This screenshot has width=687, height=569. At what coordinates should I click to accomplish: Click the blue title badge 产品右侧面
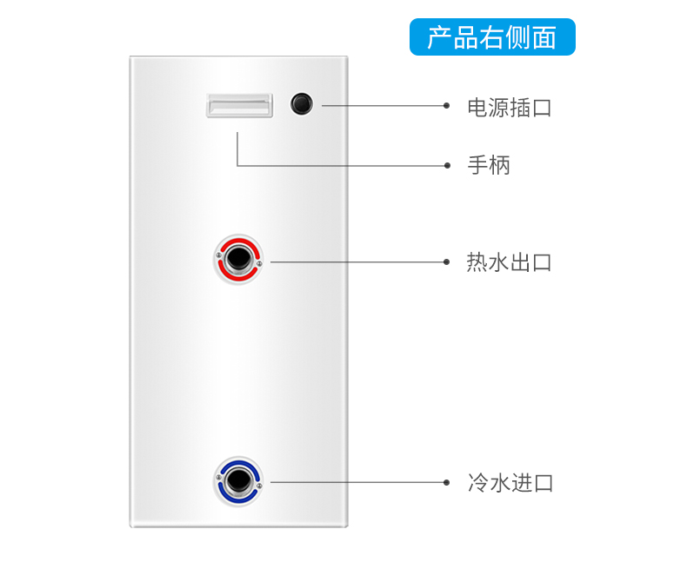coord(492,36)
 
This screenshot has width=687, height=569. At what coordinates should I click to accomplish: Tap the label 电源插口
coord(510,108)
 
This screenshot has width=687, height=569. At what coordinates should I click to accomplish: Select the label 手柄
coord(489,165)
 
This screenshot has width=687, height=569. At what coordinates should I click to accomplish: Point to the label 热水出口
coord(509,262)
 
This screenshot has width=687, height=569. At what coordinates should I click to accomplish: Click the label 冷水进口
coord(510,483)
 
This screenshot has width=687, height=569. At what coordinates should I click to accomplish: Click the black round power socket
coord(302,104)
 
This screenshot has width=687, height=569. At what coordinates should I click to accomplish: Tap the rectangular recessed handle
coord(239,105)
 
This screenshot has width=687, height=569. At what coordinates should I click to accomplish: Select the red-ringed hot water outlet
coord(238,259)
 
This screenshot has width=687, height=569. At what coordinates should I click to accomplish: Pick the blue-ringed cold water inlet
coord(238,481)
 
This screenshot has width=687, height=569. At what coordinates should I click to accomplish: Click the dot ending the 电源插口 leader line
coord(446,105)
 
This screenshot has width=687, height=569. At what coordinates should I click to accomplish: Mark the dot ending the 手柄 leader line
coord(447,165)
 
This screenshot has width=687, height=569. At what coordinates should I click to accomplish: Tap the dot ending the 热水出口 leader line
coord(446,261)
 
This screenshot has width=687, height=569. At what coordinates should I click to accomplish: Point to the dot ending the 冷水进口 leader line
coord(446,482)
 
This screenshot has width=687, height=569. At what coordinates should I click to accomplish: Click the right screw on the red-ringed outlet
coord(259,263)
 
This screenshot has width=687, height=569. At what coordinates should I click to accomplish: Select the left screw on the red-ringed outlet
coord(218,255)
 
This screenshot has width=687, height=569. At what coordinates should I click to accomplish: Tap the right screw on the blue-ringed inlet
coord(259,486)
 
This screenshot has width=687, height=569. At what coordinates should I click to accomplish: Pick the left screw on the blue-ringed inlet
coord(218,477)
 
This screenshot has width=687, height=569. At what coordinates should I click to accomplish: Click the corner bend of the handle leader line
coord(237,165)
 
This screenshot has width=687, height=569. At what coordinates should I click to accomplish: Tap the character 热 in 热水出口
coord(477,262)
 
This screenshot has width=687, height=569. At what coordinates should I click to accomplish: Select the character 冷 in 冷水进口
coord(477,483)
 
